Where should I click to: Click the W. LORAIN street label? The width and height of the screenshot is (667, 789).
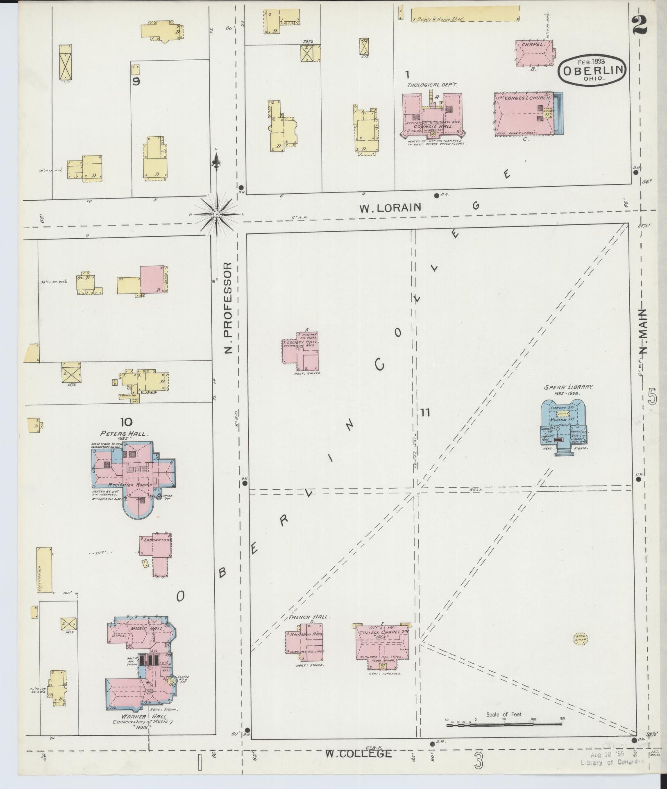click(x=390, y=208)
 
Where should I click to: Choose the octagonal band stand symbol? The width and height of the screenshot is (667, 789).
click(x=581, y=649)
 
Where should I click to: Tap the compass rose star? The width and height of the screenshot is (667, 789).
click(x=216, y=214)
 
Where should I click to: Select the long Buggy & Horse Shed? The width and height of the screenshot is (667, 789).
click(x=465, y=14)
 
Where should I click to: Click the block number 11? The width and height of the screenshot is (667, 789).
click(x=425, y=413)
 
